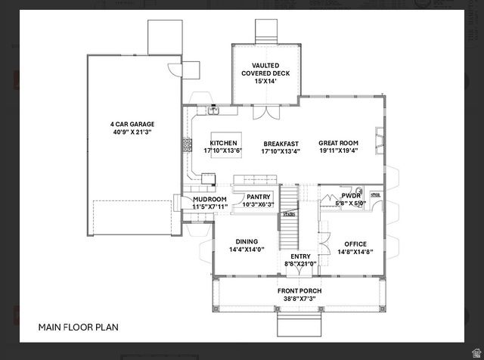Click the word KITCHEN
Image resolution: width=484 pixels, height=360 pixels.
tap(223, 143)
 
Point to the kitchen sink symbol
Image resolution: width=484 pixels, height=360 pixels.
tap(214, 111)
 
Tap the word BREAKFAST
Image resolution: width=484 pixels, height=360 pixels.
tap(281, 143)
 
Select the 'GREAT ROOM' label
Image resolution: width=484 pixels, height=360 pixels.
tap(338, 143)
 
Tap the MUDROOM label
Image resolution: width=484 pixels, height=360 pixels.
tap(209, 199)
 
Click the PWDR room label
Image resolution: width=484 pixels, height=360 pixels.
tap(351, 195)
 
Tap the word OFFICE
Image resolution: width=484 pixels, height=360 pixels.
tap(355, 244)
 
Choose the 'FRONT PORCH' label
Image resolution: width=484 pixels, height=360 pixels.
tap(299, 291)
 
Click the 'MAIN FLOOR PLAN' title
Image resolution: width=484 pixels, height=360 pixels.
tap(78, 327)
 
